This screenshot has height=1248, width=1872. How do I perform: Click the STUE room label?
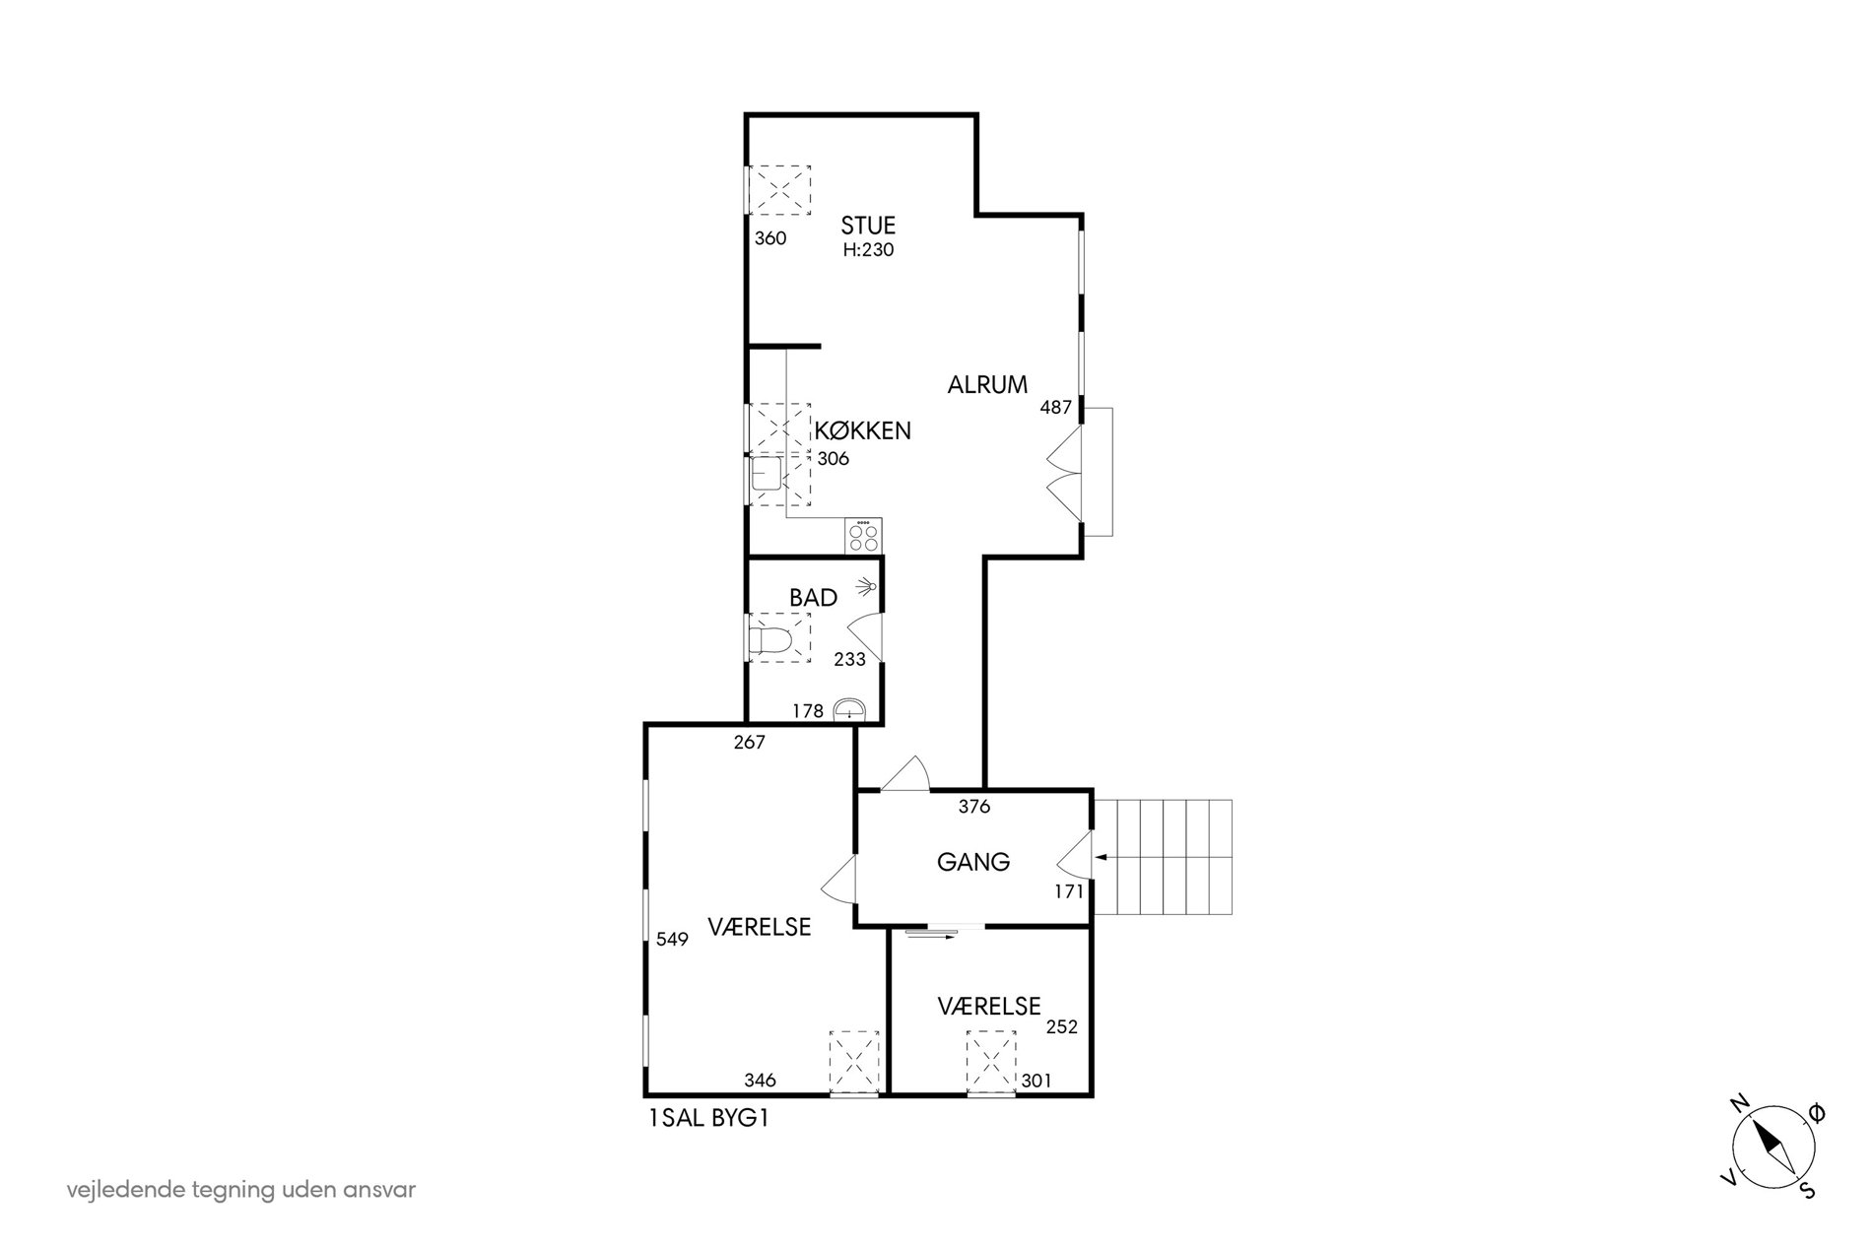click(x=868, y=226)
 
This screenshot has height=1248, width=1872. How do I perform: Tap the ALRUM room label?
click(x=987, y=385)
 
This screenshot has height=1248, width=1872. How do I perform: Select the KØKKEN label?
click(x=862, y=430)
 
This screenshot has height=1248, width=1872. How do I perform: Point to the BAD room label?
click(x=813, y=598)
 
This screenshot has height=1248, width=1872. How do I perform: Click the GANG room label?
click(x=973, y=862)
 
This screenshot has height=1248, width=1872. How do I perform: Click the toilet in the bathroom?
click(x=769, y=642)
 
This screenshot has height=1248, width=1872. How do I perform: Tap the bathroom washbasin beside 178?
click(x=849, y=708)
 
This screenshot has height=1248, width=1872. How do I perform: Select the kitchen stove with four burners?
click(x=863, y=535)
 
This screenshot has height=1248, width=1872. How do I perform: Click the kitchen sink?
click(x=766, y=474)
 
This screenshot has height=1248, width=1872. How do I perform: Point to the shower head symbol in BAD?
click(x=867, y=588)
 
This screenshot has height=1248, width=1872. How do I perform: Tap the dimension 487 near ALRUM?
click(x=1055, y=407)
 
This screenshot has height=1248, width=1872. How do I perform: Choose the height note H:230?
click(x=868, y=250)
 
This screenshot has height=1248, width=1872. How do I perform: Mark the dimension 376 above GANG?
click(x=973, y=807)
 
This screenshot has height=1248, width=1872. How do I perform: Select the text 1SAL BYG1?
click(x=707, y=1118)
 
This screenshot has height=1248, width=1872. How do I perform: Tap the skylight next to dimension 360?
click(x=780, y=190)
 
